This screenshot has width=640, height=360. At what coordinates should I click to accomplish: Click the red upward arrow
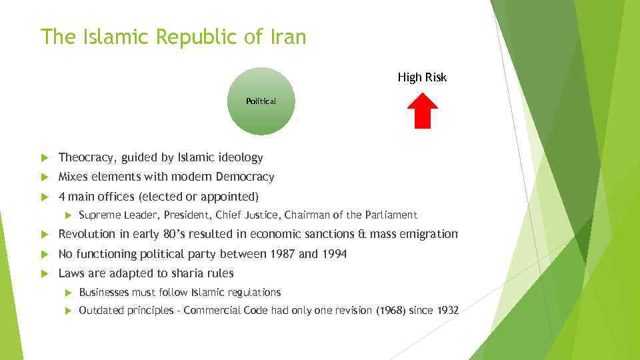pyautogui.click(x=422, y=110)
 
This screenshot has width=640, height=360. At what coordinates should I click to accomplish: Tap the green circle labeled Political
pyautogui.click(x=261, y=101)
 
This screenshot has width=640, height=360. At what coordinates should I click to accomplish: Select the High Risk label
pyautogui.click(x=422, y=77)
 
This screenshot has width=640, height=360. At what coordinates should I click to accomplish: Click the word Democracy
pyautogui.click(x=245, y=177)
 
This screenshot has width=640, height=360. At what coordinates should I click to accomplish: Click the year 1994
pyautogui.click(x=333, y=254)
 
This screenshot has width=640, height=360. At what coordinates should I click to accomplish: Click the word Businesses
pyautogui.click(x=103, y=293)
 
